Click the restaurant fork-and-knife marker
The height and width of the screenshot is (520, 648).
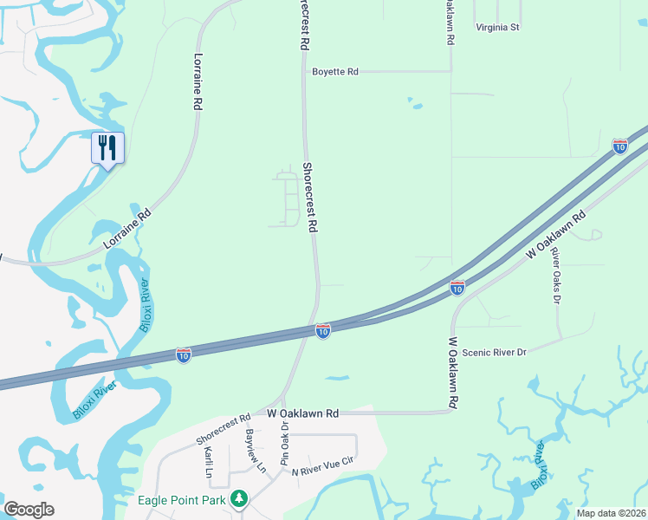coord(107,147)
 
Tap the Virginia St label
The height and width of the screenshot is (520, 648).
coord(497,27)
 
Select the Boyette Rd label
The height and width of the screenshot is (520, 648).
coord(335,72)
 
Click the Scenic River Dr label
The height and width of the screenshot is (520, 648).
coord(494,353)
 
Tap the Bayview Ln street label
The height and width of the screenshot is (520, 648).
coord(256,450)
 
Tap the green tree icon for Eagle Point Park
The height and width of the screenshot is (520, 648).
coord(238,499)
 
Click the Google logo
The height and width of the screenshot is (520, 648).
coord(29,510)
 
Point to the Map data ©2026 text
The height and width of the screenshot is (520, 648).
coord(611,513)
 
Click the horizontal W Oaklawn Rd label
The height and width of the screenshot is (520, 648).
coord(302,414)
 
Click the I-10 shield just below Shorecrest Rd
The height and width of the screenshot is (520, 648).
coord(322,331)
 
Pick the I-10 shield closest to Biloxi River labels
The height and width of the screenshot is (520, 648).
coord(184,355)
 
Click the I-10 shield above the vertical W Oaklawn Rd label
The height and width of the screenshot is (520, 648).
coord(457,287)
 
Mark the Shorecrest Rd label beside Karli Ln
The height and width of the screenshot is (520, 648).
coord(223,429)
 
